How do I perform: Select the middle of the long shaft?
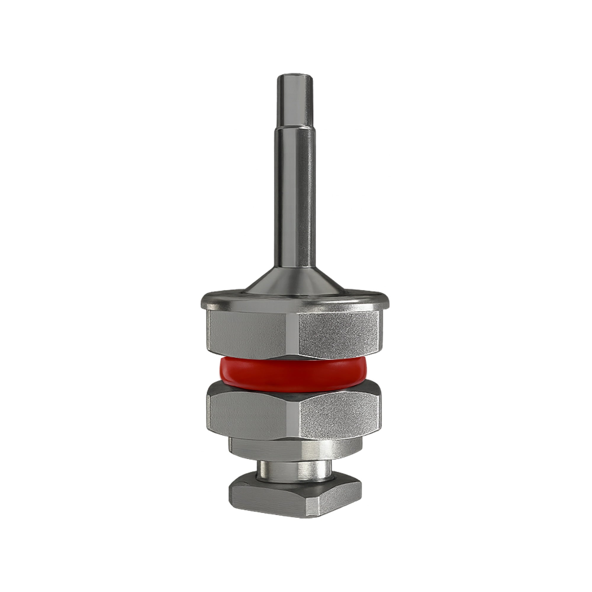coord(295,190)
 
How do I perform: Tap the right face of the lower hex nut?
coord(340,414)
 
